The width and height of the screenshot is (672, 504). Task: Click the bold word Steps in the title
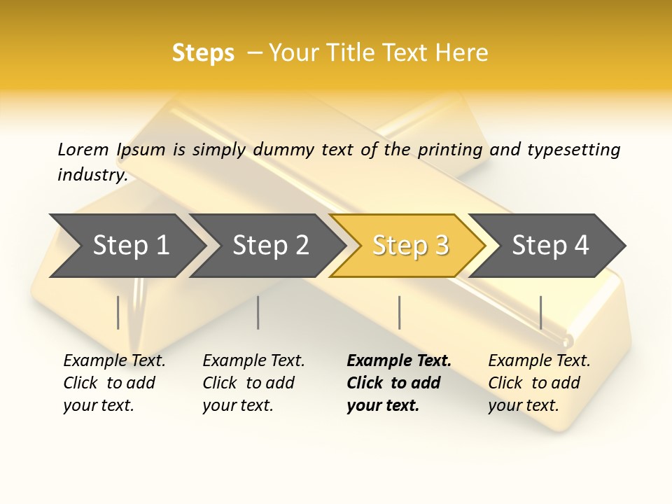(x=203, y=53)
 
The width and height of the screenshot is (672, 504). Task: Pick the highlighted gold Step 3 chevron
(x=410, y=246)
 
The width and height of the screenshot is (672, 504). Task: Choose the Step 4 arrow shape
(x=550, y=246)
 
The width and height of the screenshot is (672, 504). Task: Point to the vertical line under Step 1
(x=118, y=312)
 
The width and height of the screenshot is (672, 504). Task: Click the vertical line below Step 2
(x=258, y=312)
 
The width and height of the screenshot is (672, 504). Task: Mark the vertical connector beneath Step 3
(x=399, y=312)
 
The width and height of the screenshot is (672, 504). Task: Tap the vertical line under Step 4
(x=540, y=312)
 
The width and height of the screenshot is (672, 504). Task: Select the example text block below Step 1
(x=113, y=383)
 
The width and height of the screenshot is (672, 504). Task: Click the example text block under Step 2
(x=253, y=383)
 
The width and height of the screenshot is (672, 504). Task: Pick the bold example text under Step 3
(x=398, y=383)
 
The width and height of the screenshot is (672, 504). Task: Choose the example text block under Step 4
(x=538, y=383)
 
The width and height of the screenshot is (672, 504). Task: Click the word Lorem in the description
(x=83, y=149)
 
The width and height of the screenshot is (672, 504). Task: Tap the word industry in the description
(x=92, y=175)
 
